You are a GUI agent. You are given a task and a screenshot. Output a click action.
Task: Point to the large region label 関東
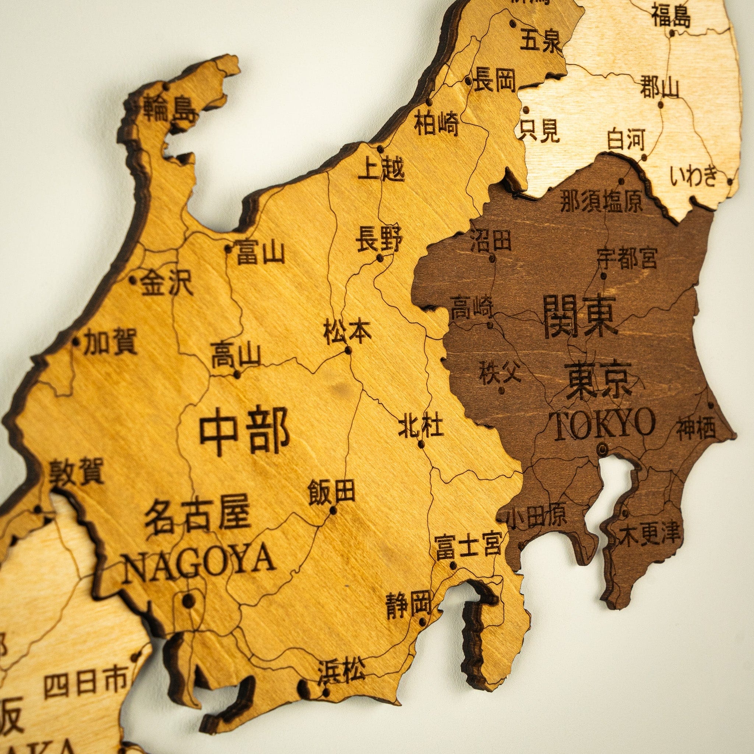tap(580, 316)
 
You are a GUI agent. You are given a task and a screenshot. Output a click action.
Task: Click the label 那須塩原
tap(601, 201)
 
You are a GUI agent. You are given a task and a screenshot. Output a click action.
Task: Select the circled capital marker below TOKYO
tap(603, 449)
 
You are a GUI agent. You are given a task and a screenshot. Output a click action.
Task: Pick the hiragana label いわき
tap(694, 176)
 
